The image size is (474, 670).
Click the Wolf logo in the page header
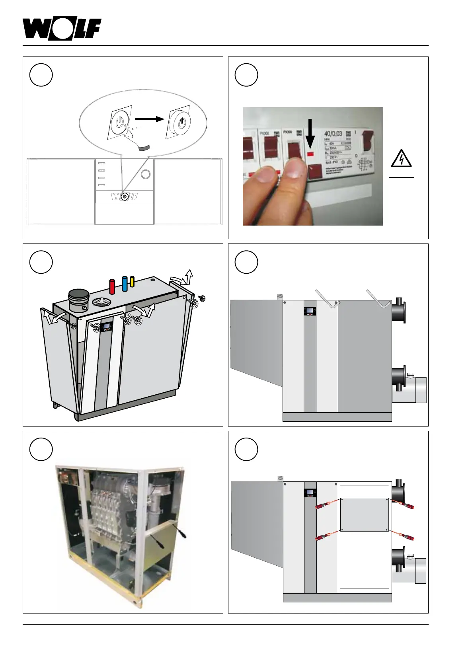point(62,29)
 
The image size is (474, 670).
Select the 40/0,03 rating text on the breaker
point(333,134)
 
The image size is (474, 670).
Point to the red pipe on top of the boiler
point(112,286)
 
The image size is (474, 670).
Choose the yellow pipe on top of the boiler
point(133,282)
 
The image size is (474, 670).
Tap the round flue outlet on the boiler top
point(79,300)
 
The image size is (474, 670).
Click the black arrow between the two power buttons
point(149,119)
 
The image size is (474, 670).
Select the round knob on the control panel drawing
point(146,174)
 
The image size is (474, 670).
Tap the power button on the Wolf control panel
point(125,197)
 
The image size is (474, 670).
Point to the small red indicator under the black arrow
point(310,153)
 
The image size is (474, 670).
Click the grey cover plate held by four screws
point(364,514)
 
